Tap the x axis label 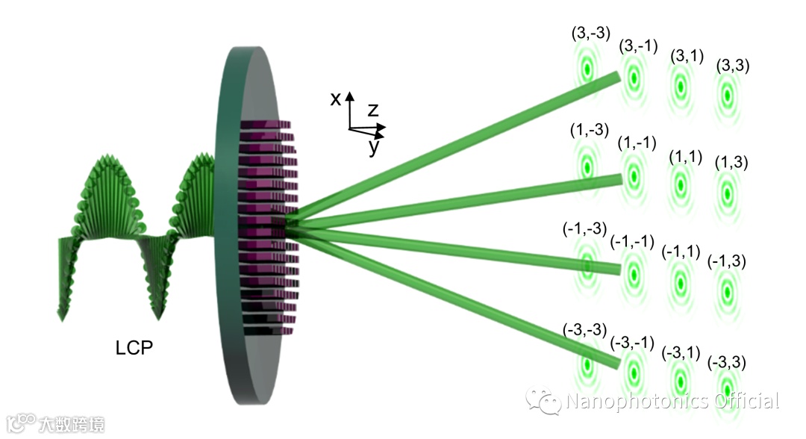pos(336,98)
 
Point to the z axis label pos(373,110)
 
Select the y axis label pos(373,147)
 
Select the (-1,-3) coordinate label pos(585,229)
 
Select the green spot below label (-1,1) pos(680,281)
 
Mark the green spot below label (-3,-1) pos(633,371)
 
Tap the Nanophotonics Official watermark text pos(672,401)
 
